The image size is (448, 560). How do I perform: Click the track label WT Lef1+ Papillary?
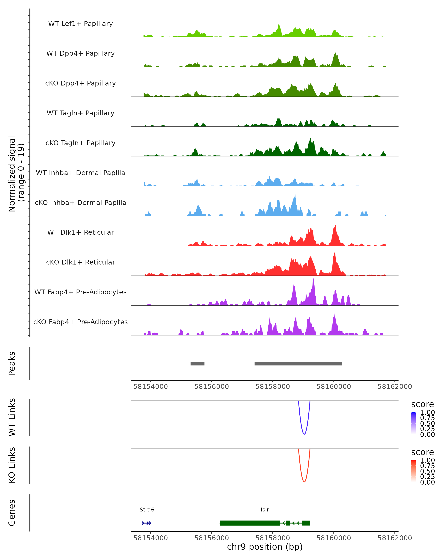[80, 24]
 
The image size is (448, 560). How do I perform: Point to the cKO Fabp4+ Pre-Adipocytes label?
[80, 322]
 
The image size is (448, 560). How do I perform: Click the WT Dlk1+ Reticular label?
[80, 232]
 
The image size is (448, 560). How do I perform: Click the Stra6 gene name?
[147, 510]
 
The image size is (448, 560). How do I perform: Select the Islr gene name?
[265, 510]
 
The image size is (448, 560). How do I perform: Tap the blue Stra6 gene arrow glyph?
[146, 523]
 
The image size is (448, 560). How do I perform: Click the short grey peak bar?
[197, 364]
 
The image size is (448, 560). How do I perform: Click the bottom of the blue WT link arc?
[304, 434]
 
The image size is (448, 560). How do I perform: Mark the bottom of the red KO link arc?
[304, 482]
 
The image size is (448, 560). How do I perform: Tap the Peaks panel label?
[12, 364]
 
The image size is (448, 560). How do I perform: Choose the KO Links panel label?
[12, 465]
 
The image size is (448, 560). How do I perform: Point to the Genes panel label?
[12, 513]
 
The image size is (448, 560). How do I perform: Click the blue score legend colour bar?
[413, 423]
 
